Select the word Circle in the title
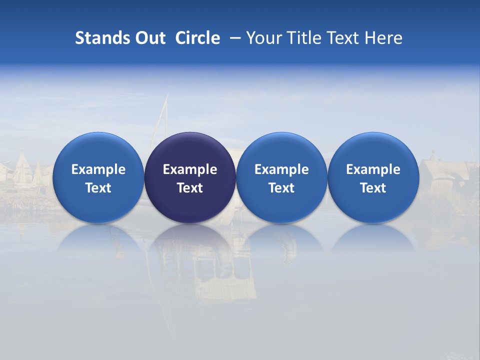click(x=197, y=38)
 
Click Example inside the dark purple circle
click(x=190, y=169)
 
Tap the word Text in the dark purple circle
click(x=190, y=188)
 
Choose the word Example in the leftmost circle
click(x=98, y=169)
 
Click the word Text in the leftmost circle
click(x=98, y=188)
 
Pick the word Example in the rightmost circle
click(x=373, y=169)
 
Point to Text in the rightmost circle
click(x=373, y=188)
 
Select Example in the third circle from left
click(x=281, y=169)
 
